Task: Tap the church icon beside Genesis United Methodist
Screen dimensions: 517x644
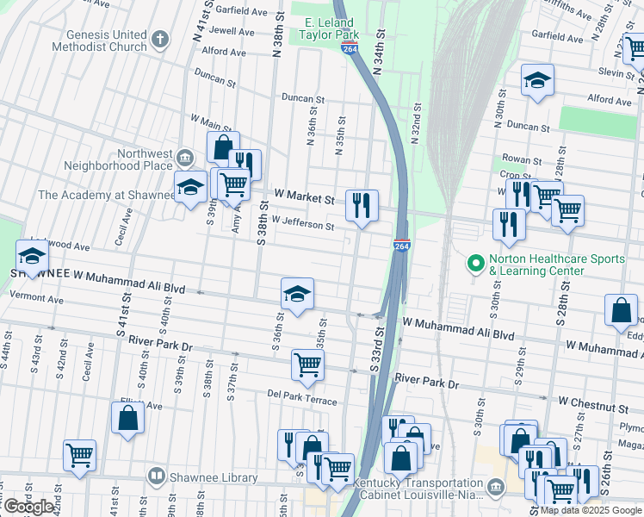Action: click(x=160, y=38)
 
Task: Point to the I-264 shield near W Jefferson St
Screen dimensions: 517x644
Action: click(x=401, y=246)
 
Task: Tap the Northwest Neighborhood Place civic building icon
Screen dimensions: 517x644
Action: click(x=185, y=158)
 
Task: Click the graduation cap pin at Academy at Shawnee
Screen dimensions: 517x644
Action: click(x=191, y=185)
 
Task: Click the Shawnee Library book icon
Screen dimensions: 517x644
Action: click(x=156, y=476)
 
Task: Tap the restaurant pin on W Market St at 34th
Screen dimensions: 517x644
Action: click(x=362, y=205)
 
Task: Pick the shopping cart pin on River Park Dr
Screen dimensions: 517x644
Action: click(x=307, y=364)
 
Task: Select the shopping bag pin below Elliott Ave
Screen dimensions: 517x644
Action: click(x=127, y=418)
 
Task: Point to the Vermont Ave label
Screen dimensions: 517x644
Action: click(x=36, y=299)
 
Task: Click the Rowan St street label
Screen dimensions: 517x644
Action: click(x=523, y=160)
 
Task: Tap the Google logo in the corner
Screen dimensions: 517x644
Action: click(x=30, y=507)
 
